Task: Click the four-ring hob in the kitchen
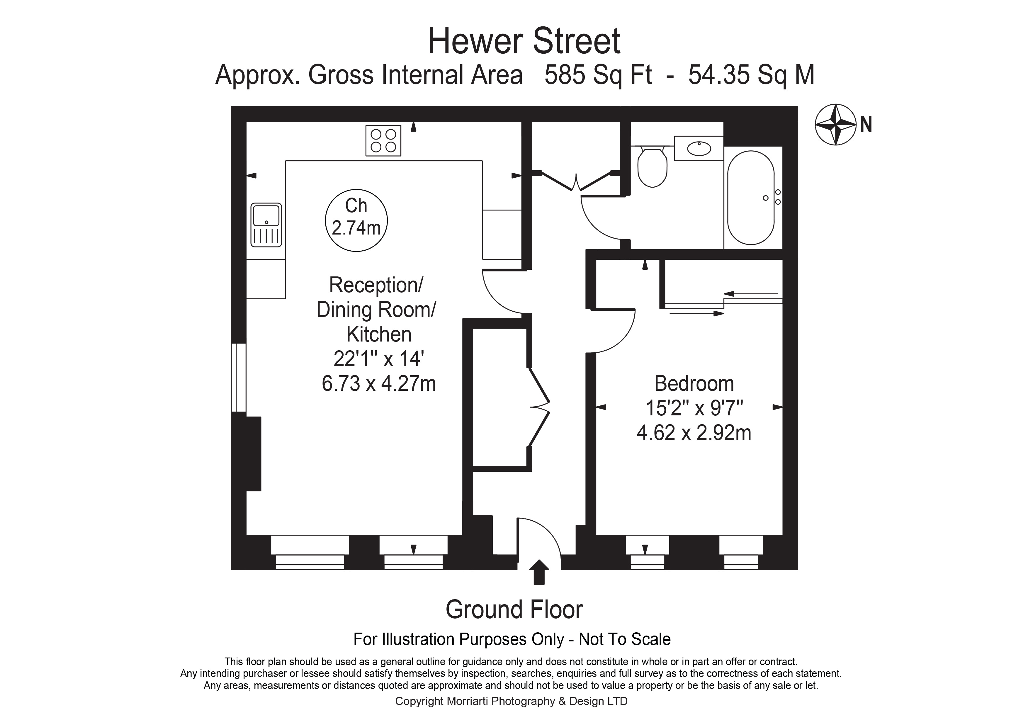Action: coord(383,141)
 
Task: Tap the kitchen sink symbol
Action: coord(266,225)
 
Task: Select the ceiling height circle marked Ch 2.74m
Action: coord(356,220)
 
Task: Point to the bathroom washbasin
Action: coord(699,148)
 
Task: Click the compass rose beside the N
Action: coord(835,125)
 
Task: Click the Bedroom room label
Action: coord(694,384)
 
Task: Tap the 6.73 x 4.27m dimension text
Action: coord(379,384)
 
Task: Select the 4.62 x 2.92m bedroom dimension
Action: coord(694,433)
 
